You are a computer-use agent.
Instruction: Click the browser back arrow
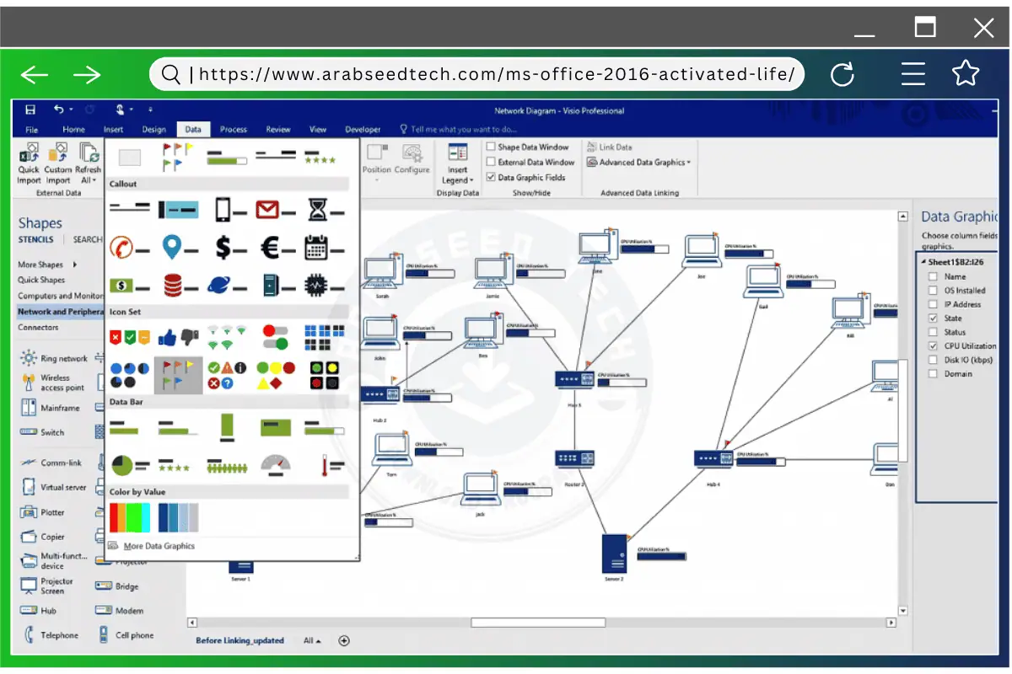(35, 75)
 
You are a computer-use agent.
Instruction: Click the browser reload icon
(842, 75)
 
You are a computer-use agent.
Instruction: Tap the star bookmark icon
(966, 74)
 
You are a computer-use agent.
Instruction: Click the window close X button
(983, 29)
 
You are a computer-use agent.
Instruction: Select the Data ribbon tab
(193, 130)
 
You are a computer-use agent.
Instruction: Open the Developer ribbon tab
(363, 130)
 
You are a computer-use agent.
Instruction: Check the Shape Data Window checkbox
(491, 147)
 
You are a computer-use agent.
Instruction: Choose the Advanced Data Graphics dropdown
(644, 163)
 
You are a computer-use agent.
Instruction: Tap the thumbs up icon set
(177, 337)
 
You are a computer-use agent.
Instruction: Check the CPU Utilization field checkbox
(933, 346)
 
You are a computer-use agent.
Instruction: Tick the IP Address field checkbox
(933, 304)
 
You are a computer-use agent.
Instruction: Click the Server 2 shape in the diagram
(614, 554)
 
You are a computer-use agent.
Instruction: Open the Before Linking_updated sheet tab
(240, 641)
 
